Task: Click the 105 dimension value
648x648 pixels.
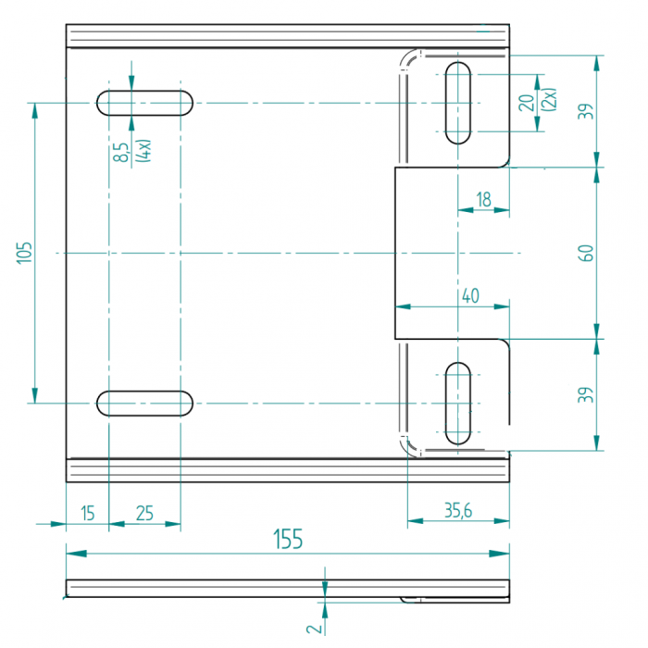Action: point(24,253)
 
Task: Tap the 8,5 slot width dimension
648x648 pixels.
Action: point(121,152)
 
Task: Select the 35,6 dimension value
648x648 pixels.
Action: point(458,510)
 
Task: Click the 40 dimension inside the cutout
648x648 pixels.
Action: point(469,296)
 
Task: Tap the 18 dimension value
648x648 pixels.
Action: point(483,199)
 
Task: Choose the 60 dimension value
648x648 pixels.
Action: point(585,253)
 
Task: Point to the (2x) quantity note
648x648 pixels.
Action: point(549,100)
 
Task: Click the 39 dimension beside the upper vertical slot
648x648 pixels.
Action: point(585,111)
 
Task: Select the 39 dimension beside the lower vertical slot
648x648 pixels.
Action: point(585,395)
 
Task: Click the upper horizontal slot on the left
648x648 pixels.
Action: point(145,102)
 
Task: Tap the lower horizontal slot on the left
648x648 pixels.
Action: point(145,403)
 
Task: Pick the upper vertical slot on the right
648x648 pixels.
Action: point(458,102)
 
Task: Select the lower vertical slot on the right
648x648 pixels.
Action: point(458,403)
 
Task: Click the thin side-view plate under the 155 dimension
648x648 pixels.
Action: point(231,588)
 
